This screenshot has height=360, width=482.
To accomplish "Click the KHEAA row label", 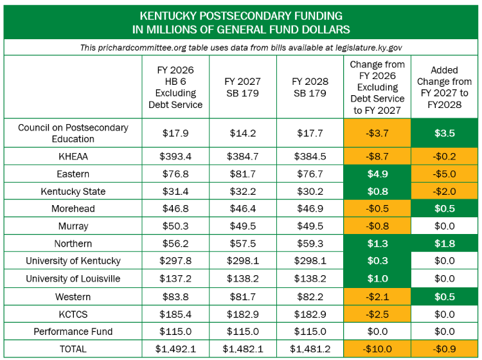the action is coord(73,156).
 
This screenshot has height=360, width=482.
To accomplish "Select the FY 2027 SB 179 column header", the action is coord(242,87).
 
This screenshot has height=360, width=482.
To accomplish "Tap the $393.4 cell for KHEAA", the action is coord(175,156).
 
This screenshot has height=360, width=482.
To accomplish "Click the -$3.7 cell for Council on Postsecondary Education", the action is coord(377,133).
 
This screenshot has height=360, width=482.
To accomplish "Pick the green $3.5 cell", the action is coord(445,133).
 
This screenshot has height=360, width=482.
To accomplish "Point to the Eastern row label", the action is coord(73,174).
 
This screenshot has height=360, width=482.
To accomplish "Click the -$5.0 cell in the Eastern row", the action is coord(445,174).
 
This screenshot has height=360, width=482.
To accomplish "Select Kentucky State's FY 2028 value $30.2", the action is coord(310,192).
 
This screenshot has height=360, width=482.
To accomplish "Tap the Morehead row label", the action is coord(73,209).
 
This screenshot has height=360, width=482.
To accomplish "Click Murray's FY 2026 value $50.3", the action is coord(175,226).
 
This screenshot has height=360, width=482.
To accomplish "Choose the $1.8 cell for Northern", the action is coord(445,244).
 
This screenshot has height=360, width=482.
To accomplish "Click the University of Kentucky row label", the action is coord(73,261).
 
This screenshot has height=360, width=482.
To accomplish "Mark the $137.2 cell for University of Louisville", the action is coord(175,278).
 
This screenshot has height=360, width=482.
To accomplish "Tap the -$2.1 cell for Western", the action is coord(377,296).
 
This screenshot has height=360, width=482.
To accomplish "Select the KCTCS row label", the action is coord(73,314).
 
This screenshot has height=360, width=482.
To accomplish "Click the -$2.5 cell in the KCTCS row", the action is coord(377,314).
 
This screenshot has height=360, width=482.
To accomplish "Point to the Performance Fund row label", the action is coord(73,332).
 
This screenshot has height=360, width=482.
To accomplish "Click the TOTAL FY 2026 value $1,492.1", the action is coord(175,349).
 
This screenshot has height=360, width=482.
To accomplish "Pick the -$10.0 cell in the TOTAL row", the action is coord(377,349).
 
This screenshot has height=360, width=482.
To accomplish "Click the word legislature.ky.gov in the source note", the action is coord(369,48).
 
